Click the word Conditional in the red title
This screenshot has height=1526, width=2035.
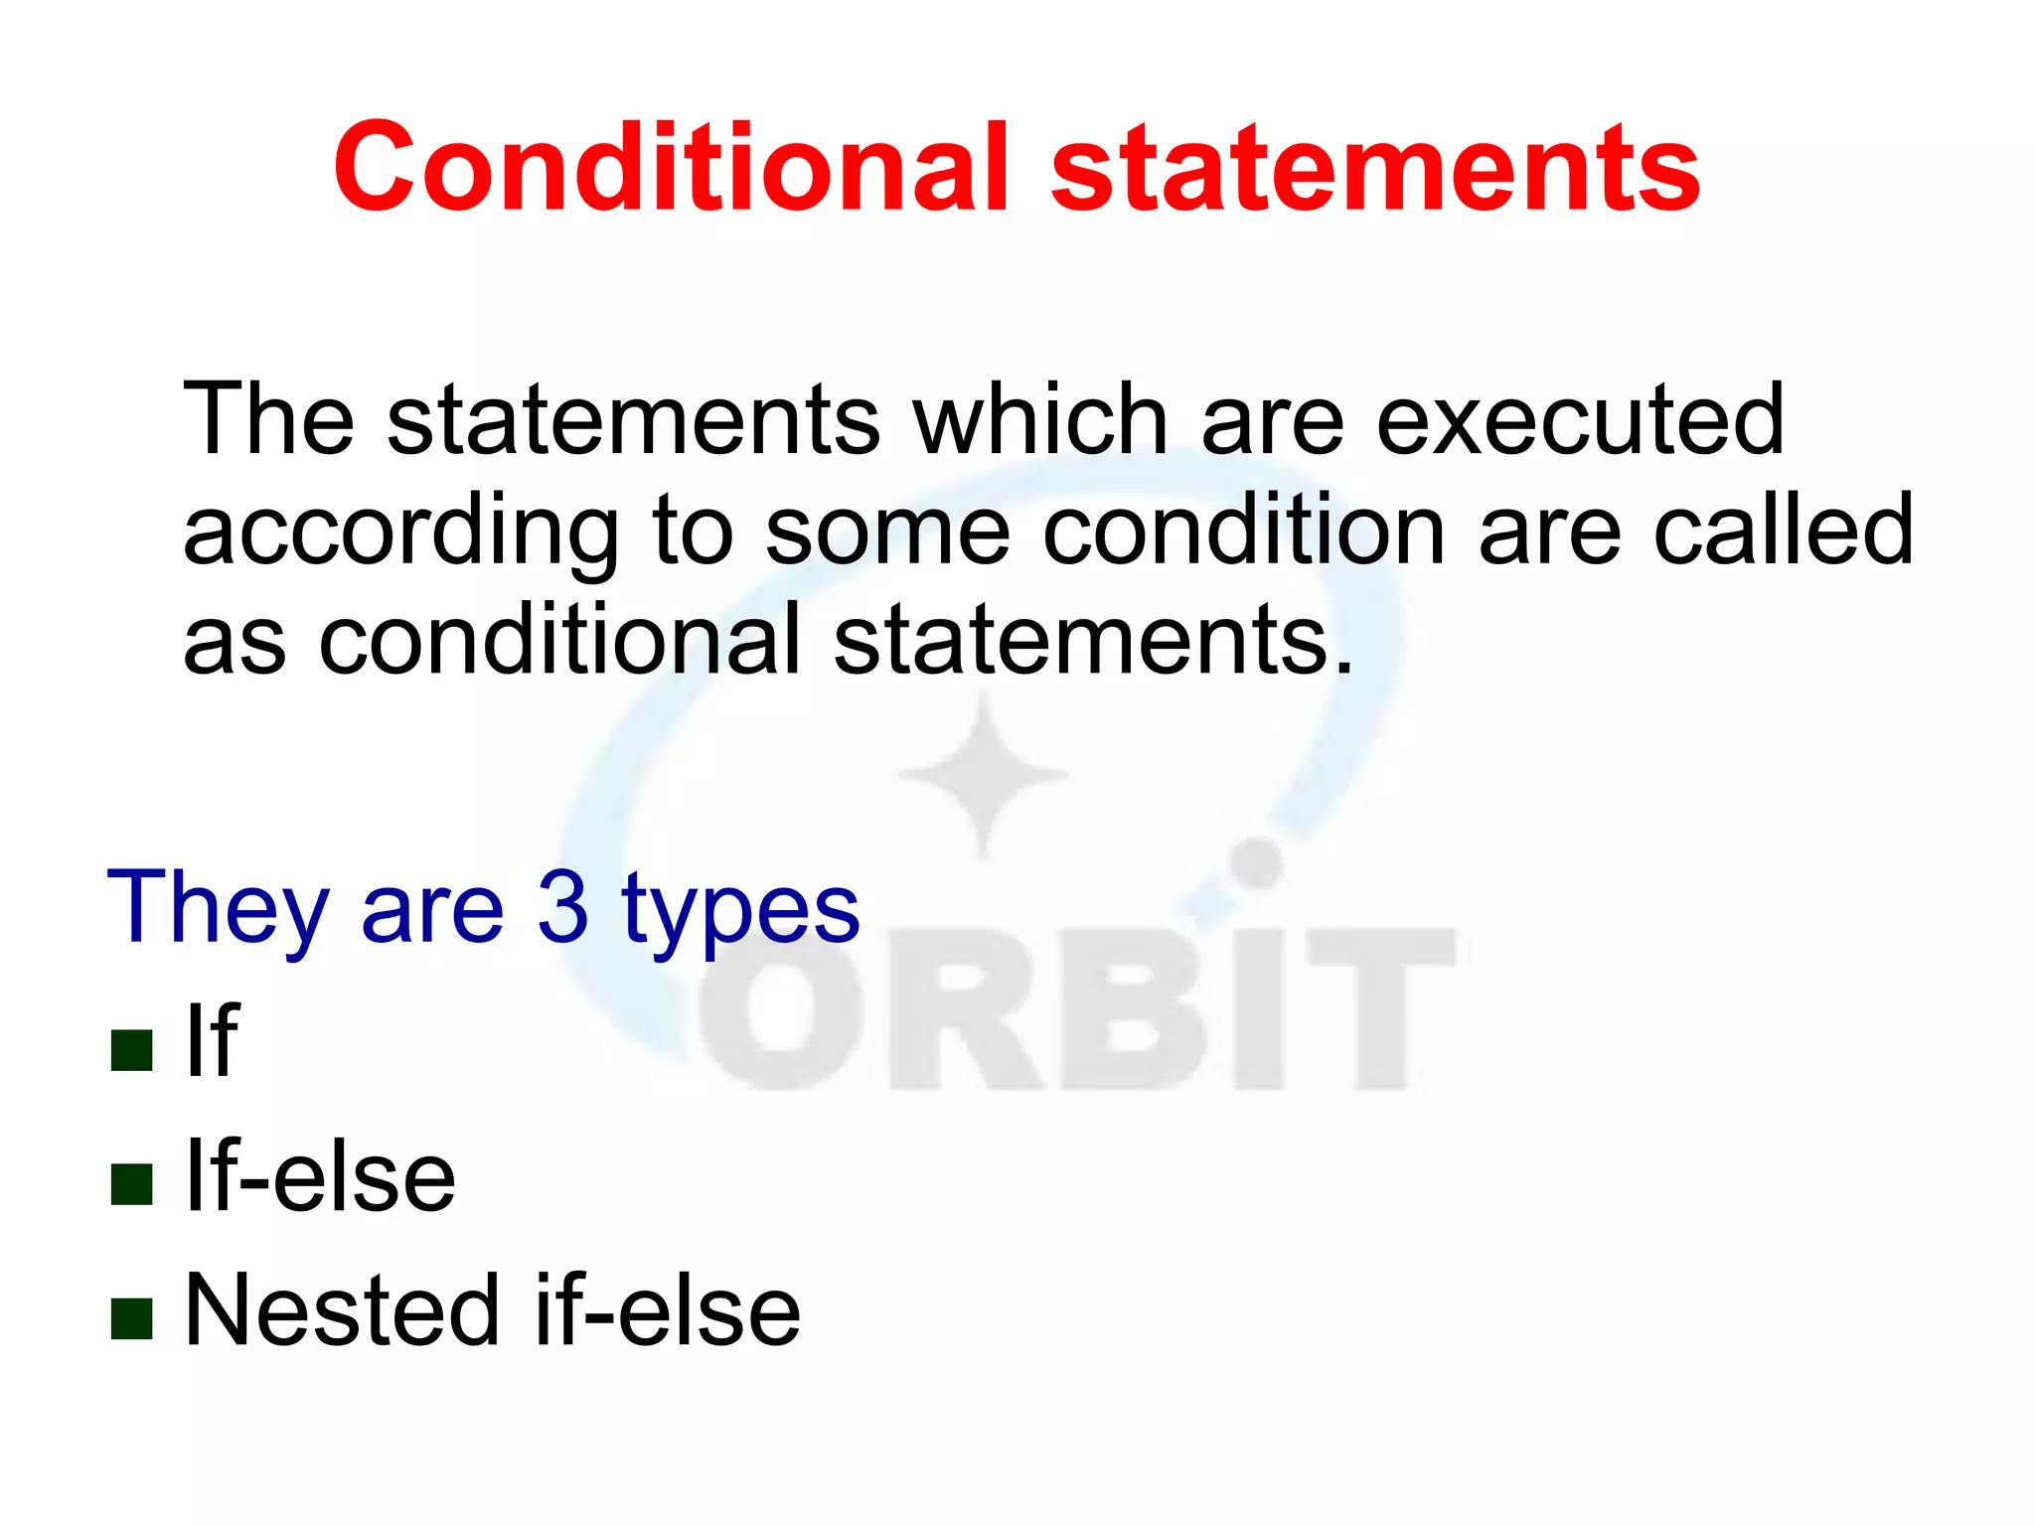(672, 168)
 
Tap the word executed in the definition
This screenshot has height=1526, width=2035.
(1580, 421)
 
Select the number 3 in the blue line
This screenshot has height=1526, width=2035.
(562, 906)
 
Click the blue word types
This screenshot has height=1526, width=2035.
(740, 910)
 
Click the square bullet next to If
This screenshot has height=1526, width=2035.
(131, 1049)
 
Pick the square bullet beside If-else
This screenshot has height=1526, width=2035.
(131, 1183)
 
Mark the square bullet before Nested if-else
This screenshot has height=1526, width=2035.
(131, 1318)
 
